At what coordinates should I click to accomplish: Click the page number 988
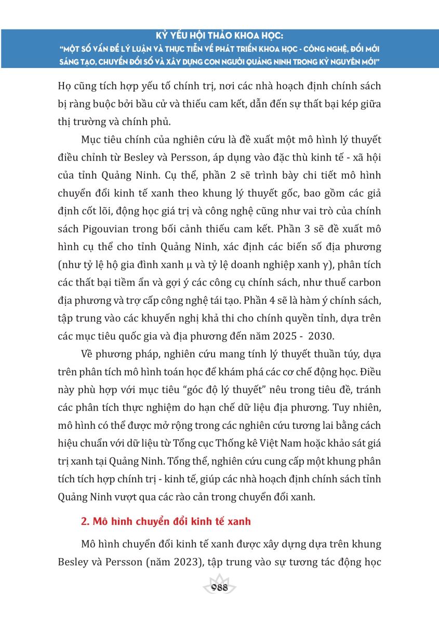click(x=219, y=588)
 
